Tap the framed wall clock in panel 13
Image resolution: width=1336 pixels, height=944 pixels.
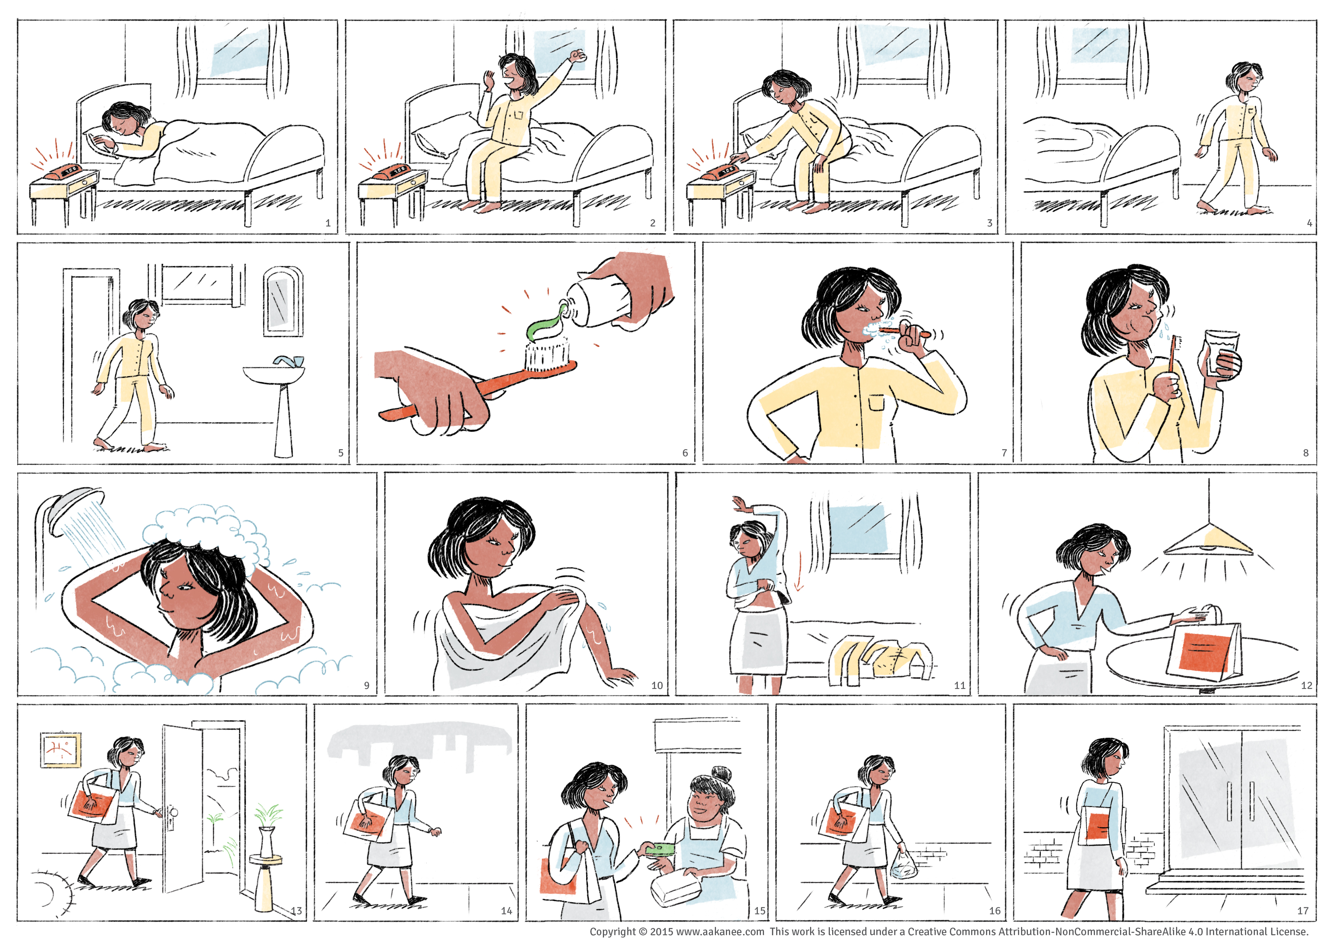(61, 750)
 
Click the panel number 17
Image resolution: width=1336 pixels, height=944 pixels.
(1303, 911)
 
